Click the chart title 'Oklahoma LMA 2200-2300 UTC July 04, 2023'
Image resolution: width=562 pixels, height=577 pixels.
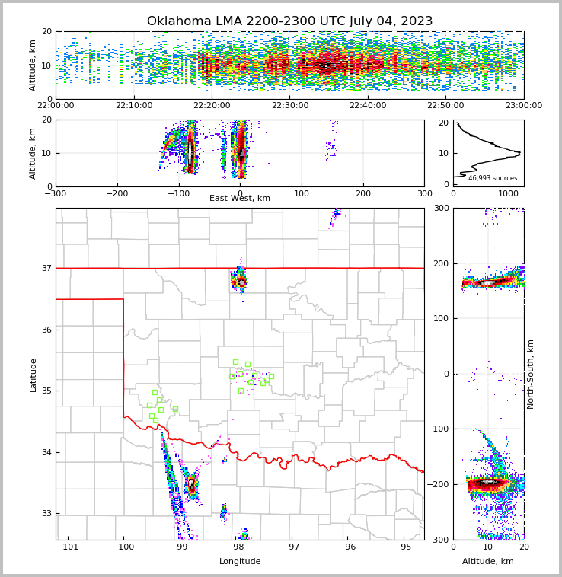point(289,21)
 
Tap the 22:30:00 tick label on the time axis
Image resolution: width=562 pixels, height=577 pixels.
point(290,106)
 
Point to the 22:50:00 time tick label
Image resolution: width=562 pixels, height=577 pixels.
point(445,106)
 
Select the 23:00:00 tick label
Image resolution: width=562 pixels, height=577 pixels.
point(523,106)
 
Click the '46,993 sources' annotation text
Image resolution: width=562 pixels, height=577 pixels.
point(493,178)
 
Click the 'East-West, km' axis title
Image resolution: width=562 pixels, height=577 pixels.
point(240,199)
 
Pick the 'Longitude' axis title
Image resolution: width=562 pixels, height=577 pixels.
point(240,562)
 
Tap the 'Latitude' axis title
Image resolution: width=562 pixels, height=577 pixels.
point(34,375)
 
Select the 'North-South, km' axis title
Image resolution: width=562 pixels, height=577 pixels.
point(531,374)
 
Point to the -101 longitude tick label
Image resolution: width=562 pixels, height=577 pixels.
point(68,547)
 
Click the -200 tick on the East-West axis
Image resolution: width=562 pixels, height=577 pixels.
point(117,193)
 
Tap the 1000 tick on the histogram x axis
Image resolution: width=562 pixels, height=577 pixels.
point(509,193)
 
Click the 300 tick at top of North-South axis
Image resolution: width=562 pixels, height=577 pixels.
point(441,209)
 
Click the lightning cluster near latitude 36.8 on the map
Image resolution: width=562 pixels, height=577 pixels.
point(241,282)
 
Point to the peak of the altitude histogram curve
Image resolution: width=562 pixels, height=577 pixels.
point(519,153)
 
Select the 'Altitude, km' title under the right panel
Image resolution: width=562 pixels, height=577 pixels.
point(488,562)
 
